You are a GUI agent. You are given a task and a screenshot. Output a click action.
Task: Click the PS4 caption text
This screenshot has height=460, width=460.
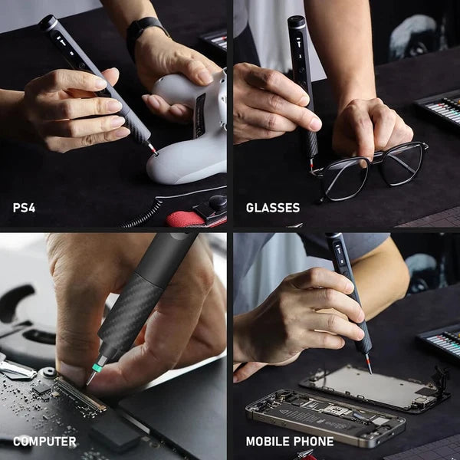point(24,208)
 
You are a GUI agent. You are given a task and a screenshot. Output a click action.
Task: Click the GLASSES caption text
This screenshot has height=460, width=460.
point(272,208)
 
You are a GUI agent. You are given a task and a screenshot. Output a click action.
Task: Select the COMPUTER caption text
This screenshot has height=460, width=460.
point(44,442)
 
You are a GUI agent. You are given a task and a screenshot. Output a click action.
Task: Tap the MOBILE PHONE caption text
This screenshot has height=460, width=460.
point(289,442)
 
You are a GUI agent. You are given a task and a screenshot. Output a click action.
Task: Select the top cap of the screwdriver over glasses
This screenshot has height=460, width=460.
point(297,22)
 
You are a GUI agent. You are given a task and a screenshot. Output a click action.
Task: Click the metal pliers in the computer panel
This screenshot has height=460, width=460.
point(15,368)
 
